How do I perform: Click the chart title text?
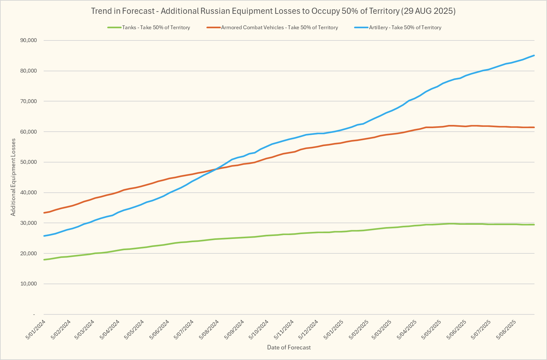point(273,11)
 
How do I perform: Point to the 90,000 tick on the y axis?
point(29,40)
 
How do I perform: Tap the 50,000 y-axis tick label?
point(29,162)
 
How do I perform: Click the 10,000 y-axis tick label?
point(29,284)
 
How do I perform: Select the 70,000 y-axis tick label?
point(29,101)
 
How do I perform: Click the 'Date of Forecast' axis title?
point(289,347)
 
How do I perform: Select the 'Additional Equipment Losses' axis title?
point(13,177)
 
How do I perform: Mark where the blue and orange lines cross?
point(216,169)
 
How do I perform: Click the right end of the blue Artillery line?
point(534,56)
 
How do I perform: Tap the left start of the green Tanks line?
point(44,259)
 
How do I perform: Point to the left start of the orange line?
point(44,213)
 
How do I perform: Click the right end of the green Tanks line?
point(534,224)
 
